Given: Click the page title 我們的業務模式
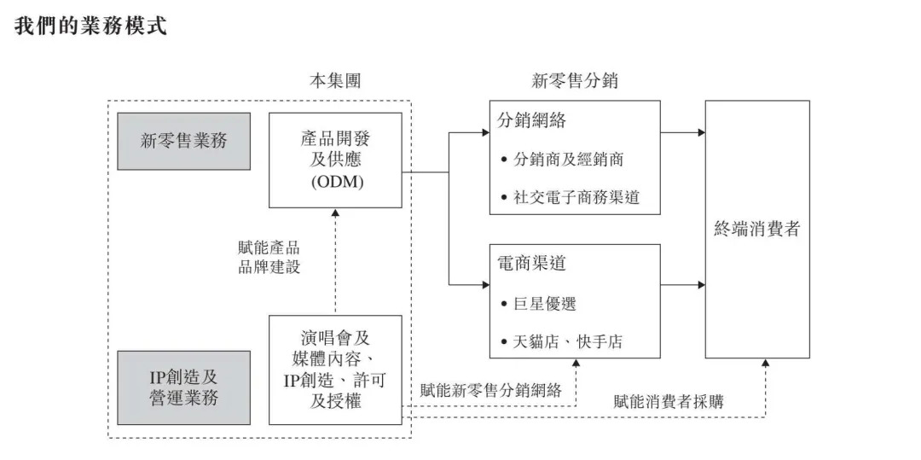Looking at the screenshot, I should pyautogui.click(x=90, y=26).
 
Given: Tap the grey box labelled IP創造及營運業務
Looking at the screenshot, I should pyautogui.click(x=184, y=387).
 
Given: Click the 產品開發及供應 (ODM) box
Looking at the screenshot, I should pyautogui.click(x=335, y=160).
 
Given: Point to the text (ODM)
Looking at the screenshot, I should pyautogui.click(x=335, y=183).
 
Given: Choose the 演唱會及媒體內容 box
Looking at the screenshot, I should pyautogui.click(x=335, y=369).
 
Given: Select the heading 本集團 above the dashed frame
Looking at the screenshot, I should pyautogui.click(x=334, y=81).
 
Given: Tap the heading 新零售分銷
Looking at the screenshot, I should pyautogui.click(x=575, y=81).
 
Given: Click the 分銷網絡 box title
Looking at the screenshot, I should pyautogui.click(x=531, y=120).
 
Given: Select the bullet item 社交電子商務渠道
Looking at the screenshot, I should pyautogui.click(x=576, y=198).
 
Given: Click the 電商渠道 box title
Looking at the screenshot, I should pyautogui.click(x=531, y=264).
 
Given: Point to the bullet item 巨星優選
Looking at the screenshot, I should pyautogui.click(x=550, y=303).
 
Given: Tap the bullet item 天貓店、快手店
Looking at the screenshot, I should pyautogui.click(x=567, y=342).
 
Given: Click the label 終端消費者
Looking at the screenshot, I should pyautogui.click(x=756, y=229).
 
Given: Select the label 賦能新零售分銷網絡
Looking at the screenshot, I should pyautogui.click(x=491, y=391).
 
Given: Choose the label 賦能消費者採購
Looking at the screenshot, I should pyautogui.click(x=669, y=400).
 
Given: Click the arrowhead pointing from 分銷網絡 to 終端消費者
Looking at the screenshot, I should pyautogui.click(x=700, y=132).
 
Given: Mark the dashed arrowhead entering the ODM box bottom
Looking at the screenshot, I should pyautogui.click(x=335, y=213).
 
